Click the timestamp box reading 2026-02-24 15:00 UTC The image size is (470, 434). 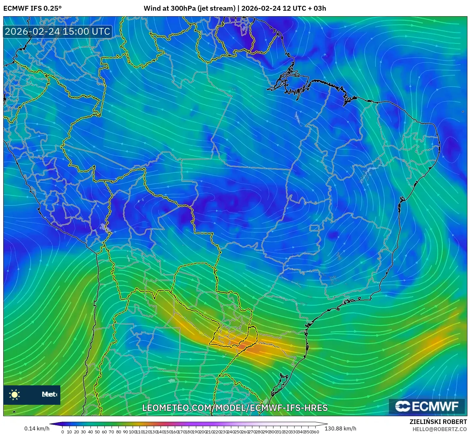pyautogui.click(x=58, y=31)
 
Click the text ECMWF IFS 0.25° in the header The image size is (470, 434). pyautogui.click(x=32, y=8)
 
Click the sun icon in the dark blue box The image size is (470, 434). pyautogui.click(x=15, y=394)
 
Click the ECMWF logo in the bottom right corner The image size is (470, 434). pyautogui.click(x=427, y=406)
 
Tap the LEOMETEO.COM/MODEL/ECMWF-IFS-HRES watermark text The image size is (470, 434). pyautogui.click(x=235, y=408)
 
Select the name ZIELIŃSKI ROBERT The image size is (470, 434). pyautogui.click(x=438, y=422)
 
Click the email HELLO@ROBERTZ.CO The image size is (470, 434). pyautogui.click(x=440, y=429)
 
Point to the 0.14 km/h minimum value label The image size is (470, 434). pyautogui.click(x=37, y=428)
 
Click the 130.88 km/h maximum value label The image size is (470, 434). pyautogui.click(x=340, y=428)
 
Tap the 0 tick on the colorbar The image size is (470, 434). pyautogui.click(x=63, y=432)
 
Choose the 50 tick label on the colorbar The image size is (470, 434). pyautogui.click(x=97, y=432)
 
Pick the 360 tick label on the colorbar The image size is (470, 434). pyautogui.click(x=315, y=432)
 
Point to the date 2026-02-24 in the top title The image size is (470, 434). pyautogui.click(x=261, y=8)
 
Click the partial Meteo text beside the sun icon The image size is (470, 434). pyautogui.click(x=49, y=394)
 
